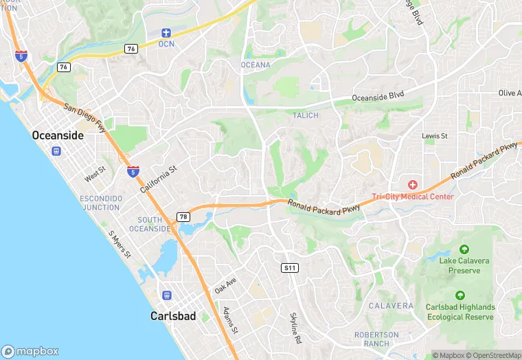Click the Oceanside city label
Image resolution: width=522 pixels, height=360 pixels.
[58, 136]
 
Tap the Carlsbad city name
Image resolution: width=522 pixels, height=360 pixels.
[173, 317]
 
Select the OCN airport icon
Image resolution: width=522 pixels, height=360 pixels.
[166, 33]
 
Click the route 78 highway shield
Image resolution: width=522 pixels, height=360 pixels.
[183, 217]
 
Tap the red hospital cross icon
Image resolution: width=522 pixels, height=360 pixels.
[413, 185]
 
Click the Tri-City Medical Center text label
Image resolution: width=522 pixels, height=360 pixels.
[413, 196]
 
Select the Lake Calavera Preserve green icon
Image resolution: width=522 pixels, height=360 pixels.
[464, 249]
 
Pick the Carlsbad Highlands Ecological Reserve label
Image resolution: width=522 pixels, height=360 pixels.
[460, 312]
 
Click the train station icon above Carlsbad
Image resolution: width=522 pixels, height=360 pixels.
[167, 295]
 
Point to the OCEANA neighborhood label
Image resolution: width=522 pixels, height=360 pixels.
[256, 65]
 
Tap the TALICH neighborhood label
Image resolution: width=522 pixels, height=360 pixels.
[306, 115]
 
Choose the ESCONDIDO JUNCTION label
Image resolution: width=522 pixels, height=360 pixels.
[101, 203]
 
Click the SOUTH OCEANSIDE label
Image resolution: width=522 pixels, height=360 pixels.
[155, 224]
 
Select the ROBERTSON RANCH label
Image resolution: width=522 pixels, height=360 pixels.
[376, 339]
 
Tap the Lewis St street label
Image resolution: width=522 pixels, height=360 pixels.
[435, 136]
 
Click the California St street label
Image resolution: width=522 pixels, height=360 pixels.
[159, 178]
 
